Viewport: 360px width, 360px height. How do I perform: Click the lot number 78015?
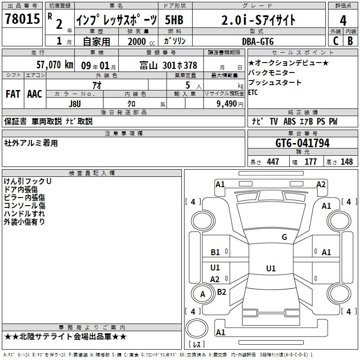point(22,19)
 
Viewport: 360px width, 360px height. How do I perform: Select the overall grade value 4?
point(343,20)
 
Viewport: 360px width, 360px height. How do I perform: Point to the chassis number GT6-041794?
point(302,144)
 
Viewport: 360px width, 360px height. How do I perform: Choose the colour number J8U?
point(74,103)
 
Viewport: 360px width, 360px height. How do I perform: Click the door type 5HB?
point(174,20)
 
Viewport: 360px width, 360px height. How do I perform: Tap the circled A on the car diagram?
point(202,294)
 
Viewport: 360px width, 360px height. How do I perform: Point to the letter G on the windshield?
point(284,237)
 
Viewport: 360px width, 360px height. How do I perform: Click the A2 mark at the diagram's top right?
point(321,184)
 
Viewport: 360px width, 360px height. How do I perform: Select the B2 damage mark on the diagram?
point(221,292)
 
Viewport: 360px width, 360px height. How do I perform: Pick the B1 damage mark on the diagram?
point(216,252)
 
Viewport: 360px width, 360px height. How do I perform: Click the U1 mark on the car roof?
point(270,268)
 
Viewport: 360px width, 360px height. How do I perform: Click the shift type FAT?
point(13,94)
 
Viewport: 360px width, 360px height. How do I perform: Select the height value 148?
point(346,162)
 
